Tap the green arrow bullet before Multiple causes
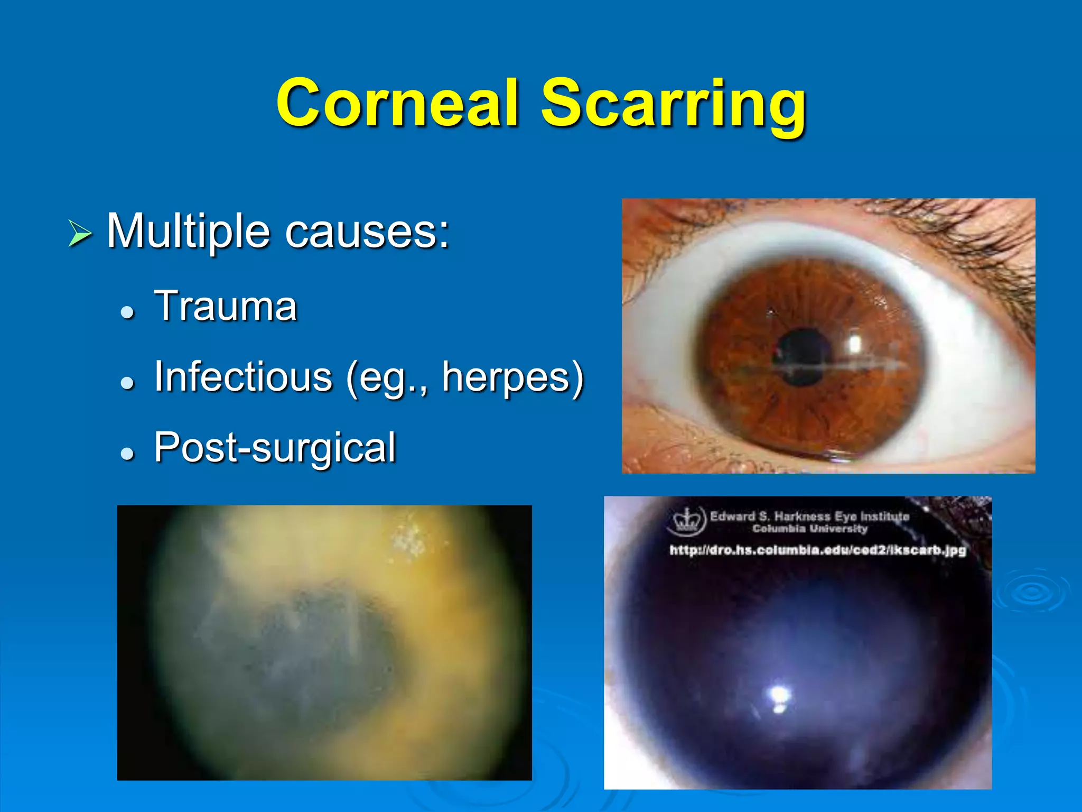click(x=80, y=234)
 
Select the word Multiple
click(x=188, y=231)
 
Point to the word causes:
click(x=367, y=232)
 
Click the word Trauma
click(x=226, y=306)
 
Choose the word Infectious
click(x=243, y=376)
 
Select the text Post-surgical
click(x=275, y=448)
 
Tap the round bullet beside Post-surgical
click(x=127, y=453)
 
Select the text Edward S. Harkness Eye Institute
click(x=809, y=516)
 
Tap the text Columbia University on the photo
click(x=809, y=529)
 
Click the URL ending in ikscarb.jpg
click(x=817, y=550)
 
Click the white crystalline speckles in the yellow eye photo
click(x=408, y=538)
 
